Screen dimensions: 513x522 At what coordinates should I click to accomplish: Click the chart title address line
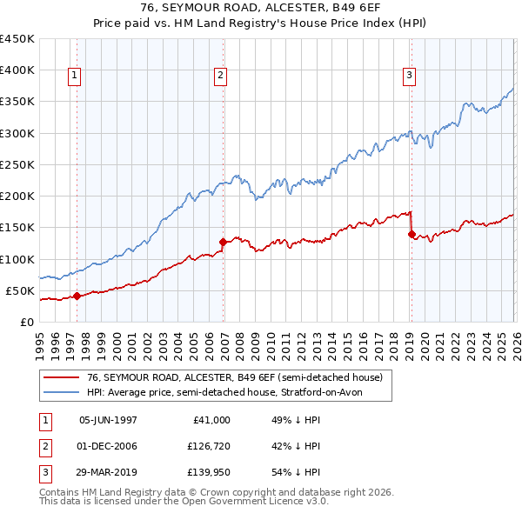[x=261, y=9]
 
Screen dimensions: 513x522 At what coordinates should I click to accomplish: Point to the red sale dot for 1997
[x=77, y=296]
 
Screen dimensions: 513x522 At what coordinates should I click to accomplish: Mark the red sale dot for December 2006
[x=223, y=242]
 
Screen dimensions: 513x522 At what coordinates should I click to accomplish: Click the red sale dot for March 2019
[x=412, y=233]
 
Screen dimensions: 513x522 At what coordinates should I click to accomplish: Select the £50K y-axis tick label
[x=21, y=290]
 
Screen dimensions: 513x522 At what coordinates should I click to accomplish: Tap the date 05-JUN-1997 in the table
[x=108, y=419]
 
